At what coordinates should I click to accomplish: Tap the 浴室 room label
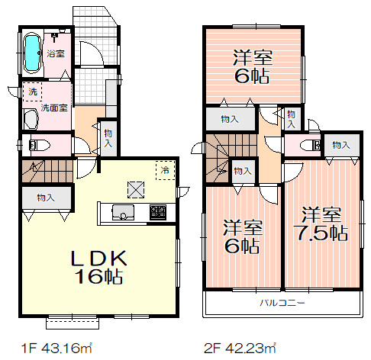pos(55,53)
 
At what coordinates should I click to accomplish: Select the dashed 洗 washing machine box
pos(33,91)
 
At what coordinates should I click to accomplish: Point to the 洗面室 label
pos(54,108)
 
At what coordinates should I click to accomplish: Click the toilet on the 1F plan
pos(37,144)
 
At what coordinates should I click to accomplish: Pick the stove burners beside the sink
pos(158,211)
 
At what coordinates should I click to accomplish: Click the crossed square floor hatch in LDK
pos(135,187)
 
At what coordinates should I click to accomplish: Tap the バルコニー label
pos(282,304)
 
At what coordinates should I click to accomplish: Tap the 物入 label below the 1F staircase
pos(45,198)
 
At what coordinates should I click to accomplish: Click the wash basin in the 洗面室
pos(31,118)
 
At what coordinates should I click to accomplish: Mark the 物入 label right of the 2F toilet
pos(340,145)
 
